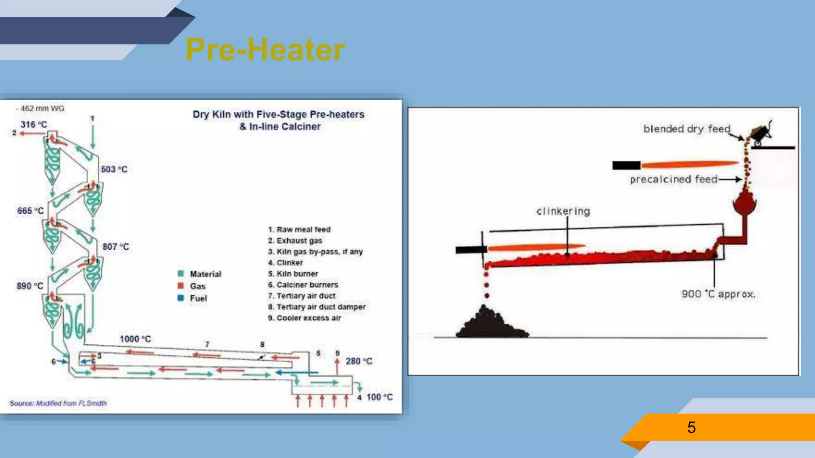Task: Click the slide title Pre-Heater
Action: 265,50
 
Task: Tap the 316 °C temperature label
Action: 34,124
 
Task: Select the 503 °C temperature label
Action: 114,169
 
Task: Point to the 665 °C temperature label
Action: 30,211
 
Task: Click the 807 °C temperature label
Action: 116,247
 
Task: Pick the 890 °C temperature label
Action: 30,286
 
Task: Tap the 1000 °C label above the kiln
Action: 135,339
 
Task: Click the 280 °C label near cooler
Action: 359,361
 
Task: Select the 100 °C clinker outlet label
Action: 379,397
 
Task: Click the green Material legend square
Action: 181,274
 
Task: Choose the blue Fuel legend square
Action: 181,298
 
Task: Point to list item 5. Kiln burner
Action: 293,274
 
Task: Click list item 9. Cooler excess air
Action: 304,318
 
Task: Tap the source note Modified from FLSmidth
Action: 58,403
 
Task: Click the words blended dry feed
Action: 687,129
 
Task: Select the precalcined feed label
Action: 673,179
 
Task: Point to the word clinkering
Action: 563,211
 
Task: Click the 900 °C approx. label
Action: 718,294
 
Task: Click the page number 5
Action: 691,427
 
